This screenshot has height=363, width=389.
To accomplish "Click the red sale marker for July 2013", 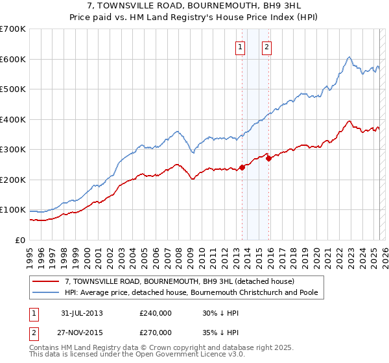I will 242,167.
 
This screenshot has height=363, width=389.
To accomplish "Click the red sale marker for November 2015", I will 268,158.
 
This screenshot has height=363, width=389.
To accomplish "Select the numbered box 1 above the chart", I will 240,46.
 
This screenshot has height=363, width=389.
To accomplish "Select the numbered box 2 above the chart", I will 266,46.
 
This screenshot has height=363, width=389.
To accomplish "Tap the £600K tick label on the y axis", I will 12,59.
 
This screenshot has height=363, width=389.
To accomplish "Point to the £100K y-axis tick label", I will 12,210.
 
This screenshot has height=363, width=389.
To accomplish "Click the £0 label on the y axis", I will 19,240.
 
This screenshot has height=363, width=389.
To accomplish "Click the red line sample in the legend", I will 47,281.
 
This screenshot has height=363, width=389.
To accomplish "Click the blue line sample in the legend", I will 47,292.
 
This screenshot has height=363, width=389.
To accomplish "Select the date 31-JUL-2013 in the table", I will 82,313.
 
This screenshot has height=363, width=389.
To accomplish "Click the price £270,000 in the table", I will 156,333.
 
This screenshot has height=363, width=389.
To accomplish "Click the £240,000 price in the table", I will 156,313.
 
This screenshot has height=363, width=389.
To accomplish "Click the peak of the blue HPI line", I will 349,57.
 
